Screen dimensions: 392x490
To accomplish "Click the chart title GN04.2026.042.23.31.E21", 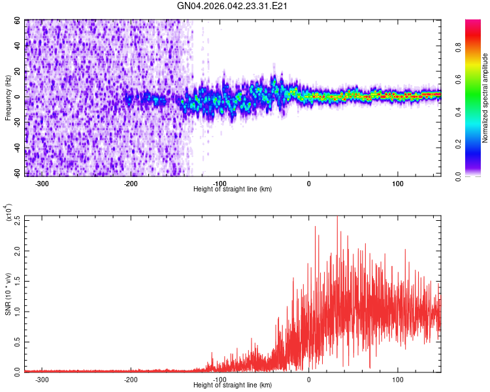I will point(233,6).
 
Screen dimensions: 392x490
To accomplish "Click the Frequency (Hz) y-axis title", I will point(8,98).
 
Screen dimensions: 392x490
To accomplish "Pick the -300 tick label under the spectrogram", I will point(42,184).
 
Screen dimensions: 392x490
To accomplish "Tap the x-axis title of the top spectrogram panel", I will point(233,189).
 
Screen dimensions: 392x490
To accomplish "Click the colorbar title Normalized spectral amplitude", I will point(485,99).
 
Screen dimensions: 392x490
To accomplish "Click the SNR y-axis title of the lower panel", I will point(8,294).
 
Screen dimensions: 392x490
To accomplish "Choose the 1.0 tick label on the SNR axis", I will point(17,311).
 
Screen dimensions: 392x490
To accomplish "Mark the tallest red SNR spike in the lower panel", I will point(337,218).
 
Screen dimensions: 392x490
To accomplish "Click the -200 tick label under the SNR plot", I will point(131,379).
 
